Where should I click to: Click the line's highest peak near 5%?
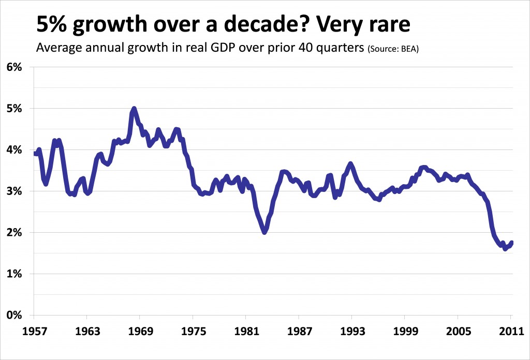click(134, 109)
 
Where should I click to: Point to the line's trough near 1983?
click(264, 232)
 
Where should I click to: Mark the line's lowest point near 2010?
click(505, 249)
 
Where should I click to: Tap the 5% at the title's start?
click(48, 25)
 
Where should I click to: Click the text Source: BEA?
click(393, 50)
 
